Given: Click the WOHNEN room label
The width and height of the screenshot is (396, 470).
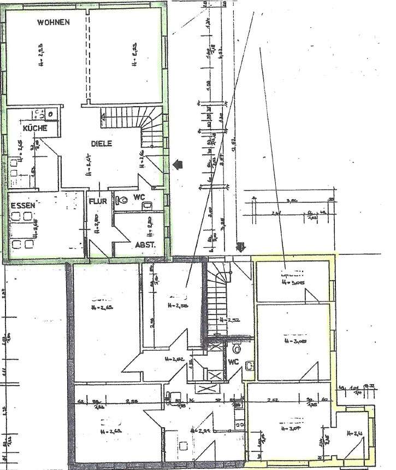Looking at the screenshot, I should click(53, 22).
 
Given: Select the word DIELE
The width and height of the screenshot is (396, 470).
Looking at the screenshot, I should click(101, 144).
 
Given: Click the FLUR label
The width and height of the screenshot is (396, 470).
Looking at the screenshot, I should click(98, 200).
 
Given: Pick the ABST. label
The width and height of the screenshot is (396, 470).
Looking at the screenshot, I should click(145, 245).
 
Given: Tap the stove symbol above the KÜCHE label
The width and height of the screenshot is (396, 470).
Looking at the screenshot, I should click(39, 114).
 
